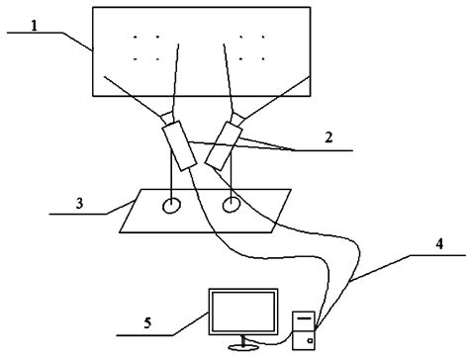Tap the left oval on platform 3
coord(172,207)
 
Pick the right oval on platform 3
coord(234,206)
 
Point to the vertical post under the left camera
coord(173,183)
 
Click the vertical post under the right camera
coord(232,183)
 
